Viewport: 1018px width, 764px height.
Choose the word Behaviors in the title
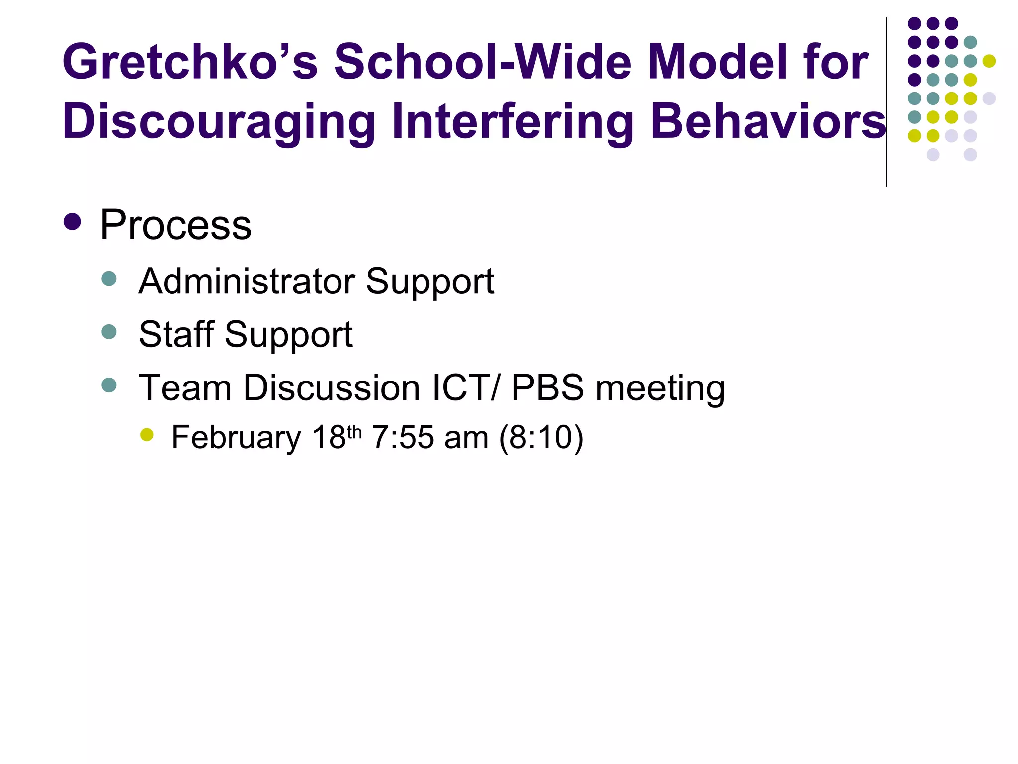768,121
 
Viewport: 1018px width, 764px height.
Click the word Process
175,225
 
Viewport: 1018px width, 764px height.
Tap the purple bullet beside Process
73,222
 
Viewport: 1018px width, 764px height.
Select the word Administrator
247,281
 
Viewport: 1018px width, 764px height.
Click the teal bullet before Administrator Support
109,278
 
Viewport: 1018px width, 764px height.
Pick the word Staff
176,334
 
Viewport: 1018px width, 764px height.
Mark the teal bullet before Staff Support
109,331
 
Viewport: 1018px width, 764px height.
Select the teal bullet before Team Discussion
109,384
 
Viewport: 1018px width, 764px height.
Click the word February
236,438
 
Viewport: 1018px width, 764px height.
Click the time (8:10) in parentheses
541,438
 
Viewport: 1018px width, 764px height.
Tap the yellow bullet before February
147,435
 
